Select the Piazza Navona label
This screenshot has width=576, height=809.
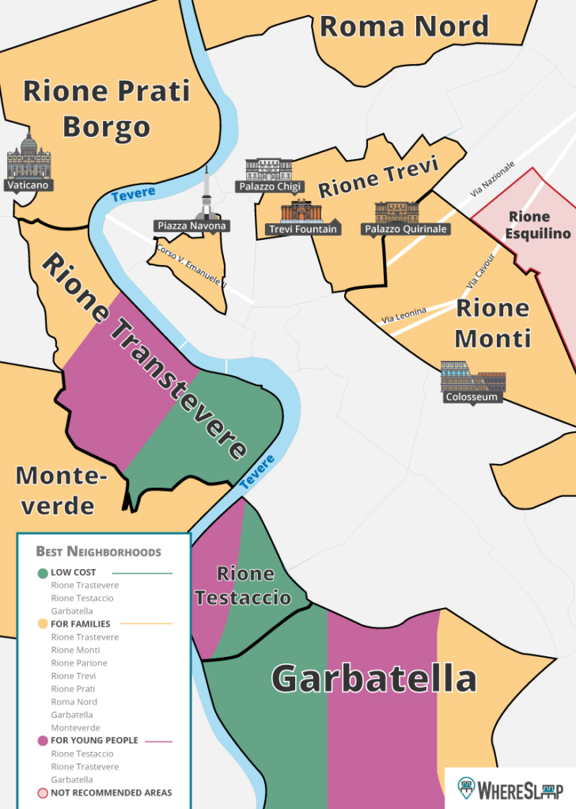click(191, 226)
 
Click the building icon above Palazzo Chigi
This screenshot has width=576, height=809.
click(269, 169)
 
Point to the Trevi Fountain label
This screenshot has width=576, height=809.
click(303, 230)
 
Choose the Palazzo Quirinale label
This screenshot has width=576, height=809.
click(406, 230)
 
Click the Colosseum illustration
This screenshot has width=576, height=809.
click(472, 378)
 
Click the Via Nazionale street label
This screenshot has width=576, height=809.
click(491, 179)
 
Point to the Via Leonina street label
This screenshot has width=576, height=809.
click(404, 315)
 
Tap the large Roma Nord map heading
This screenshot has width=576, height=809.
click(404, 26)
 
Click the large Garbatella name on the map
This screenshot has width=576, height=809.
click(373, 679)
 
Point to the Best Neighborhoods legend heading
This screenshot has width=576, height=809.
click(98, 552)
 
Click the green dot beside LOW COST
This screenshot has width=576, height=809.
click(42, 572)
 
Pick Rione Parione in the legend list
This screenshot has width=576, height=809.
click(79, 663)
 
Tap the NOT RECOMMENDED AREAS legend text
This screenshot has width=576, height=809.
click(111, 792)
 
